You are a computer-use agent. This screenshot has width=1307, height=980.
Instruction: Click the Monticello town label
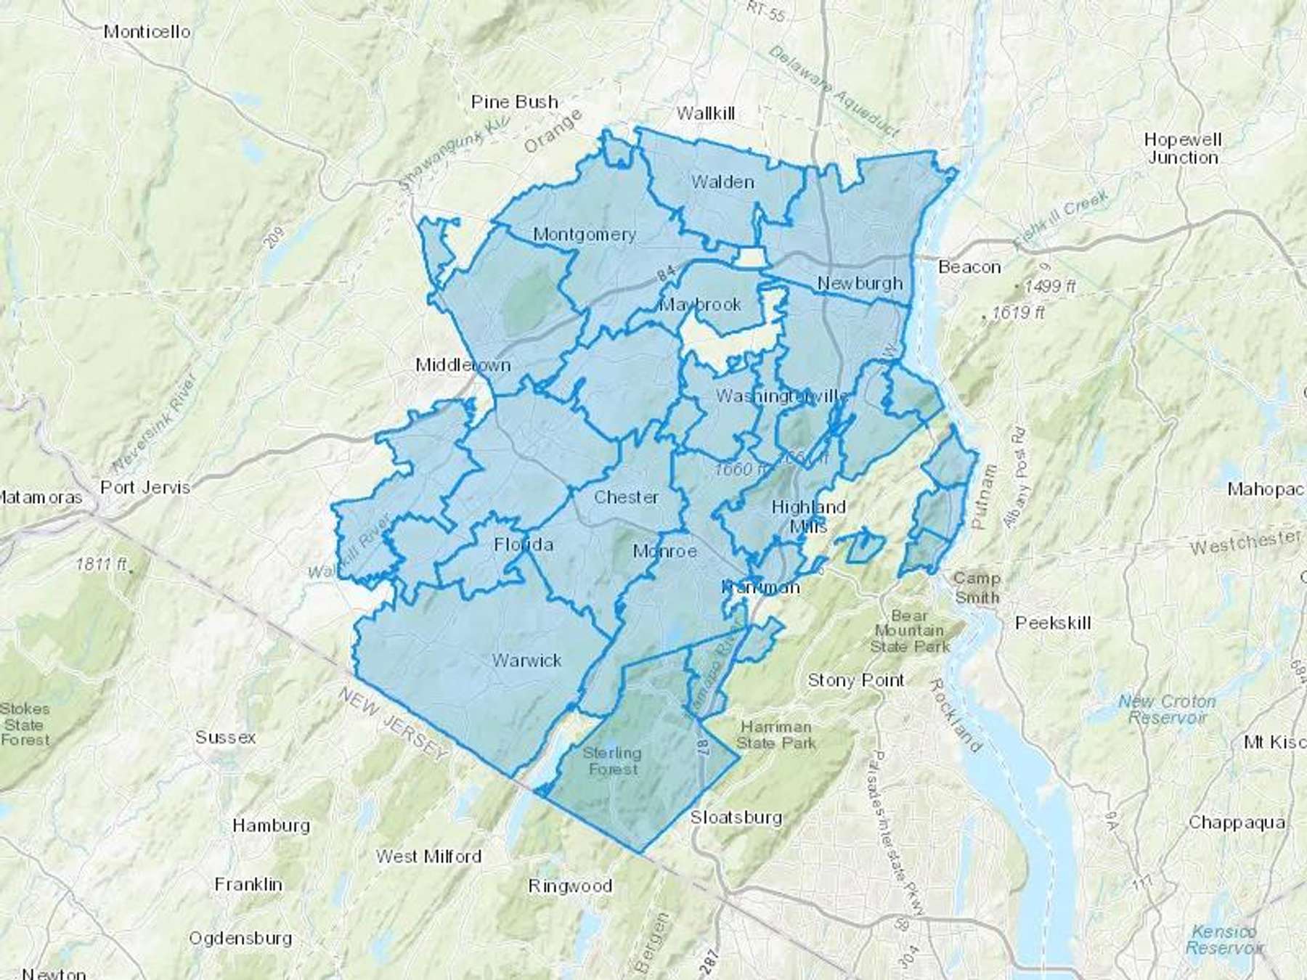click(147, 31)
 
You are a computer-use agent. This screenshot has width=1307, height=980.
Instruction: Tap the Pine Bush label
click(514, 102)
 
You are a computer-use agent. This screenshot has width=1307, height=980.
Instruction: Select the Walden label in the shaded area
click(722, 181)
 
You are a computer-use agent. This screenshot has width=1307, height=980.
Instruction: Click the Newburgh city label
click(860, 283)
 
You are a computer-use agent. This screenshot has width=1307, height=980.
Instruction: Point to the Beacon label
click(969, 267)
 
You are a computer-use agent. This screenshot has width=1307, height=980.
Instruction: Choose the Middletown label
click(463, 364)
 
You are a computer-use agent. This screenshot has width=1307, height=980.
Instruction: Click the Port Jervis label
click(145, 487)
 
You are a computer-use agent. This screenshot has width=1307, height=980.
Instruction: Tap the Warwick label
click(526, 661)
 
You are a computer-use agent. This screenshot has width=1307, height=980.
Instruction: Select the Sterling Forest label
click(612, 761)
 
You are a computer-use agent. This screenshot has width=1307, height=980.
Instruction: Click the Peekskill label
click(1053, 623)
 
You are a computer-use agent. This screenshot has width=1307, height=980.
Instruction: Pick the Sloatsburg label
click(736, 817)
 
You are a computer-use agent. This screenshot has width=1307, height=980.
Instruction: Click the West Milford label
click(428, 857)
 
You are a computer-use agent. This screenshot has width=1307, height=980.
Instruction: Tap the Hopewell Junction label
click(1182, 148)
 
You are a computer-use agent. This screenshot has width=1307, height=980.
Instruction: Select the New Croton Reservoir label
click(1166, 709)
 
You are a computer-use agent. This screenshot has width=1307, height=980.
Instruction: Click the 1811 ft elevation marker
click(102, 564)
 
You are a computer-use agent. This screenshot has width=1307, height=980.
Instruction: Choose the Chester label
click(626, 497)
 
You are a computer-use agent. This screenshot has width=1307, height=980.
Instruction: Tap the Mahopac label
click(1266, 489)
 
